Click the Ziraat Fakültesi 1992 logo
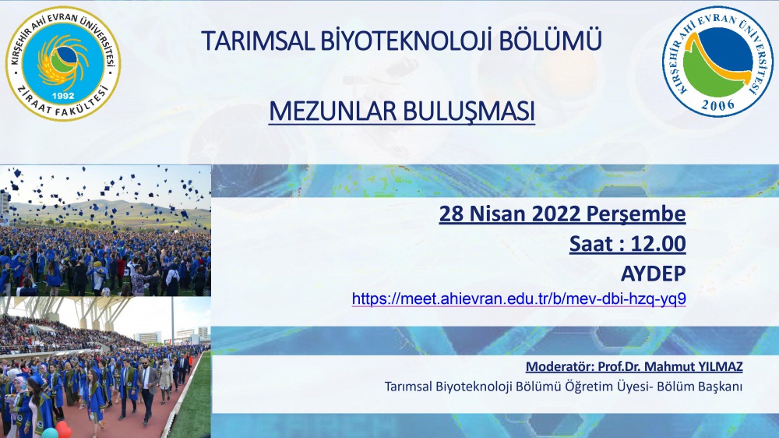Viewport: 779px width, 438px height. (63, 63)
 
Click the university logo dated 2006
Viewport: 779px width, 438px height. (717, 61)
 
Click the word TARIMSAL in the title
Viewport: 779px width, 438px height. (258, 41)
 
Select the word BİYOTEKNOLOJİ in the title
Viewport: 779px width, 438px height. (406, 41)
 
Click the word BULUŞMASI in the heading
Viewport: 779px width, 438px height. (468, 111)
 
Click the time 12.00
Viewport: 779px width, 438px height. (658, 244)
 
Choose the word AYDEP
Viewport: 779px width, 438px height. (654, 274)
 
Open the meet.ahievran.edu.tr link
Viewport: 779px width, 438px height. (519, 298)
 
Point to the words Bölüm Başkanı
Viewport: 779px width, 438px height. (700, 387)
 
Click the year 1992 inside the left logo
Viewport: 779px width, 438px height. (62, 95)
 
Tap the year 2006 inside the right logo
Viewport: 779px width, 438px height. (717, 105)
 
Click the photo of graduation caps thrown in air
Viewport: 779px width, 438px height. (105, 230)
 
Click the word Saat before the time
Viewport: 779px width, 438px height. (591, 244)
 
